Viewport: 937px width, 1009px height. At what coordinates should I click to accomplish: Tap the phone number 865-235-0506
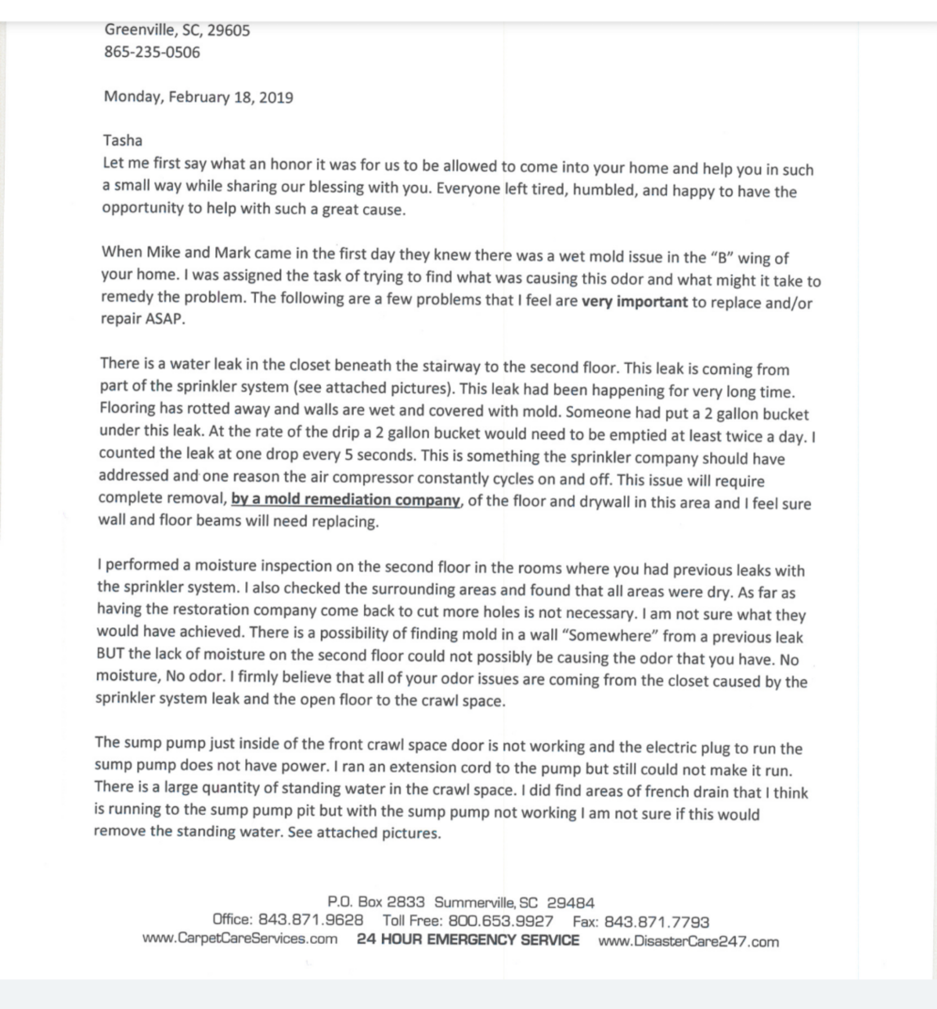click(x=152, y=52)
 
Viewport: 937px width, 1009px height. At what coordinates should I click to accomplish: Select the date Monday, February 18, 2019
click(x=198, y=97)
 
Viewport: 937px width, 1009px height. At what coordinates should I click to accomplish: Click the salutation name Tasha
click(x=123, y=140)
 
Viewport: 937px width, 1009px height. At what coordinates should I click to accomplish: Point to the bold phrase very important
click(x=634, y=302)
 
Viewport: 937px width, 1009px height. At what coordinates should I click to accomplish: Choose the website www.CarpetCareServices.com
click(x=240, y=939)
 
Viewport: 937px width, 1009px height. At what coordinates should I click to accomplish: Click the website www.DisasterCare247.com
click(x=688, y=942)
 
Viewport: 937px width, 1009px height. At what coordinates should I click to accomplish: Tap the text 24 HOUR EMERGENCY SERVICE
click(x=467, y=940)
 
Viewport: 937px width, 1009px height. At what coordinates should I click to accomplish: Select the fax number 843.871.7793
click(x=657, y=922)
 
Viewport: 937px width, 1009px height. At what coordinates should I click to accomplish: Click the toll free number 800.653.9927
click(x=500, y=920)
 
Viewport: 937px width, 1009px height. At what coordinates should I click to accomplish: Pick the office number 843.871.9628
click(x=311, y=919)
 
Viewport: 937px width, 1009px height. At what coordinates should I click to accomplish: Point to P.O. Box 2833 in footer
click(x=376, y=902)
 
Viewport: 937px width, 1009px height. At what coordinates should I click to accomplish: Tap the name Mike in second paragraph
click(x=163, y=252)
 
